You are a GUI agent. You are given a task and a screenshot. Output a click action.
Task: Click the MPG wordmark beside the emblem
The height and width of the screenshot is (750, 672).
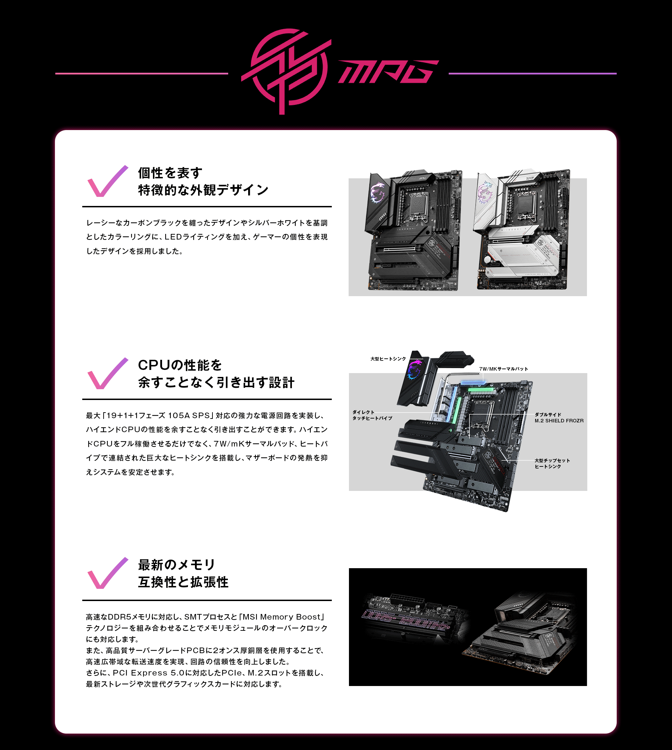(x=388, y=72)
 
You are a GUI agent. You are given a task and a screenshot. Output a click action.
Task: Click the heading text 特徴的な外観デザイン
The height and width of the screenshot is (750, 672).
(x=203, y=190)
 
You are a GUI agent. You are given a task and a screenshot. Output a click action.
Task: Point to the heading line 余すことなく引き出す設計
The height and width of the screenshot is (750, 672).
(x=216, y=383)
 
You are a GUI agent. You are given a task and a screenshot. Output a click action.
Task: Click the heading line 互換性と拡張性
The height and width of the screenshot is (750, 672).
(x=183, y=582)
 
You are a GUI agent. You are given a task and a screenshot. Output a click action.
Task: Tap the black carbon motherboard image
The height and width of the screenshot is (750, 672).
(x=414, y=230)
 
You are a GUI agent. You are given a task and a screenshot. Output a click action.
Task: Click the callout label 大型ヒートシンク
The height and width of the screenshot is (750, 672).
(x=388, y=359)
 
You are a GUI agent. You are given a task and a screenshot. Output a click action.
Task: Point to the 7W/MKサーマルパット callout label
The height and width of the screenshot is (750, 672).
(x=504, y=369)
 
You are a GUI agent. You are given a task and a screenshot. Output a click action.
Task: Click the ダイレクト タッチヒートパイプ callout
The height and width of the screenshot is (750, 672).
(x=372, y=415)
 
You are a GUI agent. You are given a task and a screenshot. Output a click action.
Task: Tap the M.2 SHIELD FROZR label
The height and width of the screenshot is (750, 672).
(x=559, y=421)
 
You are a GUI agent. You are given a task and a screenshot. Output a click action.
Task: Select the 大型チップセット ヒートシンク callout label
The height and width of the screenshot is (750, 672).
(x=552, y=463)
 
